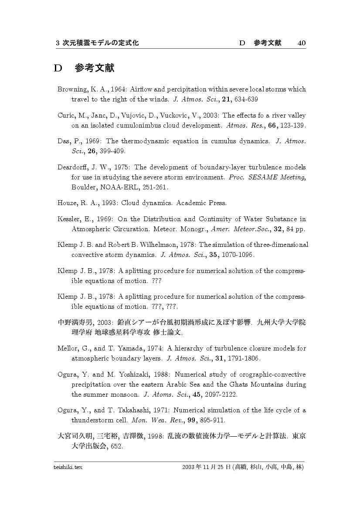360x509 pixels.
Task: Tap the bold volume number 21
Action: (x=226, y=100)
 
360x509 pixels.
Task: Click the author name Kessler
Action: (x=68, y=219)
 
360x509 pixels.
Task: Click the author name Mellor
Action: (x=68, y=348)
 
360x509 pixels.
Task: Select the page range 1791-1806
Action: (x=243, y=359)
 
